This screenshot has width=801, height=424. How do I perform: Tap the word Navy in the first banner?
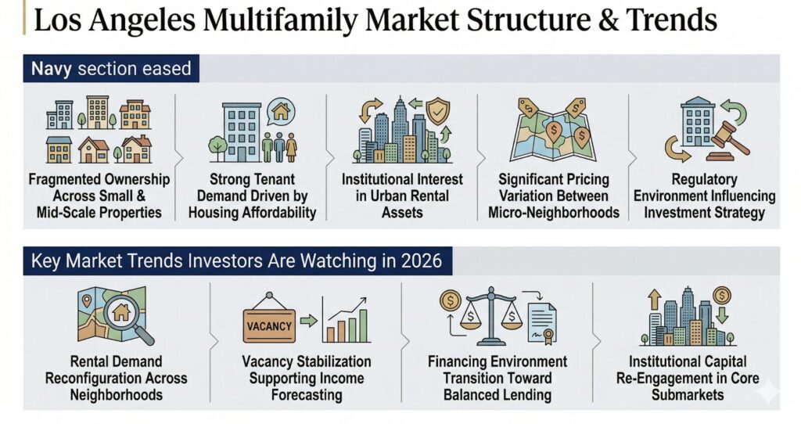point(51,69)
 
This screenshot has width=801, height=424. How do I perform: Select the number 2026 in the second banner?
point(422,261)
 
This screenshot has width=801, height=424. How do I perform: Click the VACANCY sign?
point(269,322)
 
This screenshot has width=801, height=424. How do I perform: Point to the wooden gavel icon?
point(728,141)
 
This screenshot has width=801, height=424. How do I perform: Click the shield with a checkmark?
point(438,111)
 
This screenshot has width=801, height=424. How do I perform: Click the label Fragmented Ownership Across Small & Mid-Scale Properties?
point(99,196)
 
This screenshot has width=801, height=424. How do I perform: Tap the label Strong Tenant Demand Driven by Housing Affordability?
point(253,196)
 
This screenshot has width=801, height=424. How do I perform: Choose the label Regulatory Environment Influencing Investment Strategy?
point(705,196)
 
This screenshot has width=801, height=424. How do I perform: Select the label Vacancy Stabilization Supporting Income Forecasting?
point(307,378)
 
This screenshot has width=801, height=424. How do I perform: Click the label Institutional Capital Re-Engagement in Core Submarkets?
point(688,378)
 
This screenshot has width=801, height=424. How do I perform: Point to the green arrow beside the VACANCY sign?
point(308,321)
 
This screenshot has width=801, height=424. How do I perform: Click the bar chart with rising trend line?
point(347,320)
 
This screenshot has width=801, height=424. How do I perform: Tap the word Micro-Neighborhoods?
point(554,213)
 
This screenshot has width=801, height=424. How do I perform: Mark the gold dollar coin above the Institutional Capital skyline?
point(722,295)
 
